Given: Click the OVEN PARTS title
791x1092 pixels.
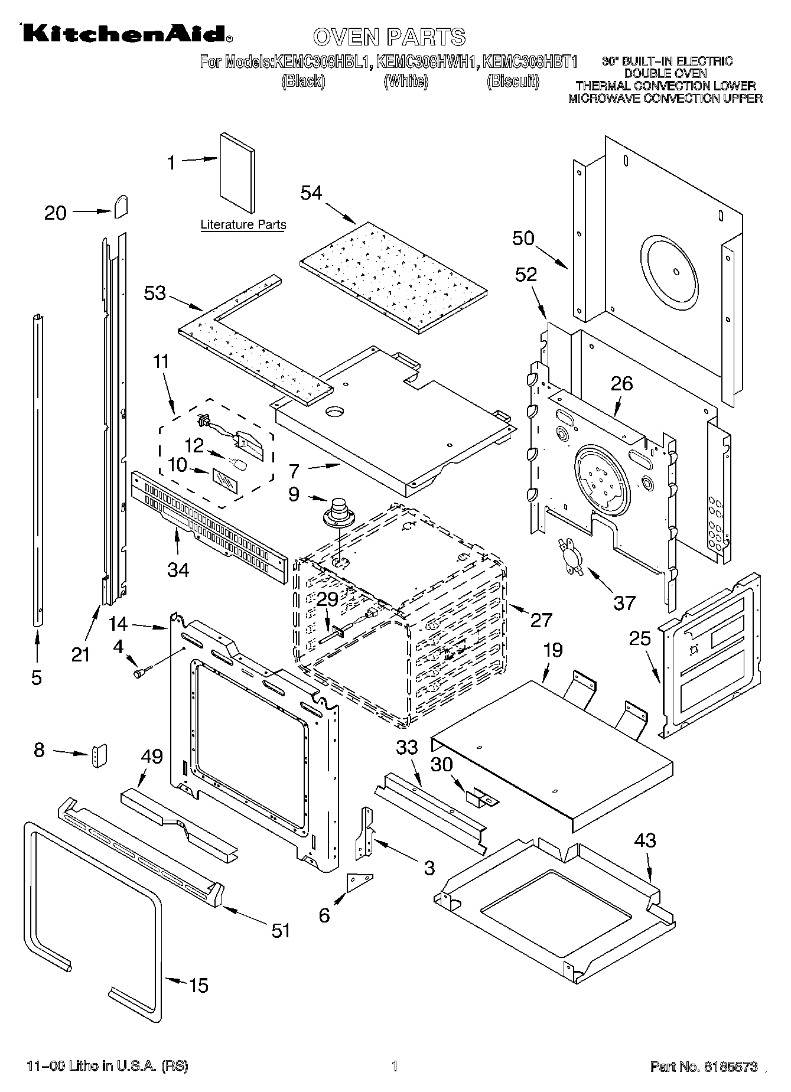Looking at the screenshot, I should (389, 37).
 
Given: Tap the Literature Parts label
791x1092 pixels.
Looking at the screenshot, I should (243, 225).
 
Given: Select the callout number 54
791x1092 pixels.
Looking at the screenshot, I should (311, 193).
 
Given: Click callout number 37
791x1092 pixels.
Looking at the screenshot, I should (624, 602).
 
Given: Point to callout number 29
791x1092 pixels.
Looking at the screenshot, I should (327, 599).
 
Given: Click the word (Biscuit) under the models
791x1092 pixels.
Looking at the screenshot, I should (513, 81).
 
